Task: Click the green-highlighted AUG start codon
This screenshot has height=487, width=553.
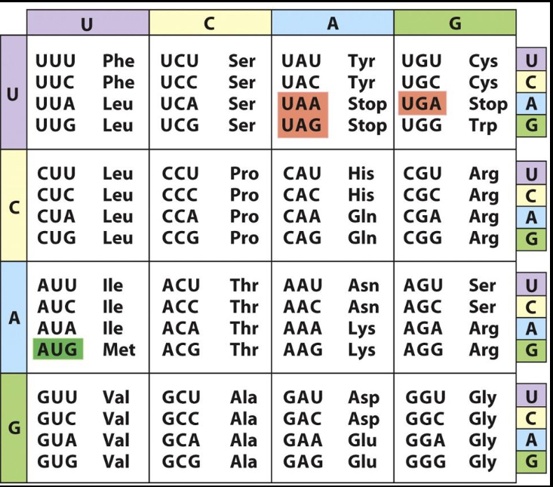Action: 57,350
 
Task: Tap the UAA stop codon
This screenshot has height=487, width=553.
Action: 302,103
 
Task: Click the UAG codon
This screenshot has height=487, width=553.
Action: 302,125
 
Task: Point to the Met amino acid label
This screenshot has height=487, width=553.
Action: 118,350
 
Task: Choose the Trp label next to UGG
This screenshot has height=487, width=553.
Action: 483,125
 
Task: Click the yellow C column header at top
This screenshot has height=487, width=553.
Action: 210,23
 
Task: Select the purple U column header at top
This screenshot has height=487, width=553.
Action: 88,23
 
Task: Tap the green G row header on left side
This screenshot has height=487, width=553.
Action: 14,427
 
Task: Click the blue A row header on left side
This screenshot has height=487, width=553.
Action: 14,317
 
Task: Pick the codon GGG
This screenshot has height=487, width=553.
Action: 426,461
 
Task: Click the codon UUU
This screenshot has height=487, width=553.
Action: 57,61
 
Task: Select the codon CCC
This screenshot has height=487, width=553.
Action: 180,195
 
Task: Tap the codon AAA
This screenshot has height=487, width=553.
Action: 303,328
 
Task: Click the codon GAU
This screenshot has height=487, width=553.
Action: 303,397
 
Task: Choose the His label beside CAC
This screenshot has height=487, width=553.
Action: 361,195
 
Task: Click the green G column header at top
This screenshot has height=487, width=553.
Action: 455,23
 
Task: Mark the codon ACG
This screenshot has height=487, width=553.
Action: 180,350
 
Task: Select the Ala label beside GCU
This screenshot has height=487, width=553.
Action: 243,397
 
